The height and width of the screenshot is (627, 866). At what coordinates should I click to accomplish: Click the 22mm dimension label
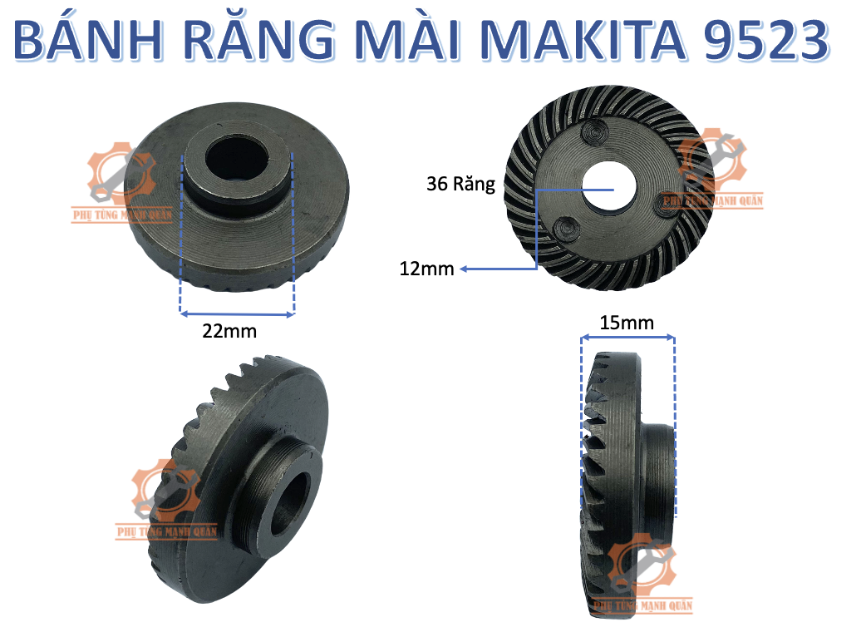(229, 331)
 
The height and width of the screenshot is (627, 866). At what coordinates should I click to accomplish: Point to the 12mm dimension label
(425, 269)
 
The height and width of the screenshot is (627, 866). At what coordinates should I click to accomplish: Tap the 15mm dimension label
(627, 323)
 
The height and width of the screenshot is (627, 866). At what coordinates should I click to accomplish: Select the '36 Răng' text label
(460, 185)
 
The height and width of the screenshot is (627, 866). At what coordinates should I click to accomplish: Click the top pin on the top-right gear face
(596, 131)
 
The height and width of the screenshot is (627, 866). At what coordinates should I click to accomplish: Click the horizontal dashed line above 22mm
(237, 314)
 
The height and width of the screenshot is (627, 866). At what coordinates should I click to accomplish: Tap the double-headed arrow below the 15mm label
(627, 337)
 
